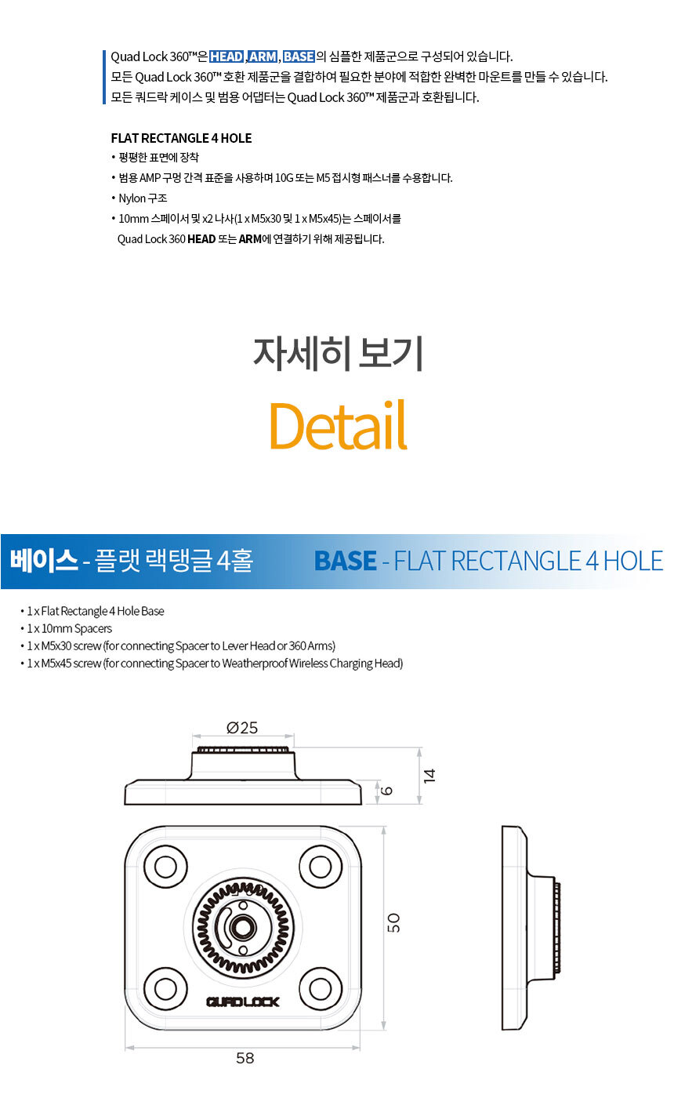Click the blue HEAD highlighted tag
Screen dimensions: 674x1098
tap(226, 56)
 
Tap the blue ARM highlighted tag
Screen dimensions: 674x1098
tap(263, 56)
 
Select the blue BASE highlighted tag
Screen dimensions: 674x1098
tap(299, 56)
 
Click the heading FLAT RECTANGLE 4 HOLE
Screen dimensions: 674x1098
tap(181, 138)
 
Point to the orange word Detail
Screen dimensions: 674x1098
tap(339, 425)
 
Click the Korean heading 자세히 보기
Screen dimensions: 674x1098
tap(338, 354)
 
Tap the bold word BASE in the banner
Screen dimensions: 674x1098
tap(346, 561)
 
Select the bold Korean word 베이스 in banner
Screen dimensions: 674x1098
tap(44, 560)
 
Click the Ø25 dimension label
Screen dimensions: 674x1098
tap(242, 728)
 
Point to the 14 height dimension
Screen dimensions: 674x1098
tap(429, 776)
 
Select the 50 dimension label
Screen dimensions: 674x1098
tap(393, 922)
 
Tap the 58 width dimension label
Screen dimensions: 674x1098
tap(245, 1058)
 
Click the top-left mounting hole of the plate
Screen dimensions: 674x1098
tap(165, 867)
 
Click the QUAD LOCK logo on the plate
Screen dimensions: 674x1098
tap(242, 1002)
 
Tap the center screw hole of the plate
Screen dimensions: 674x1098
tap(242, 927)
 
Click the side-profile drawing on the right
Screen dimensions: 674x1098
tap(531, 928)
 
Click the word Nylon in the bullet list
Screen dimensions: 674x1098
tap(132, 198)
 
